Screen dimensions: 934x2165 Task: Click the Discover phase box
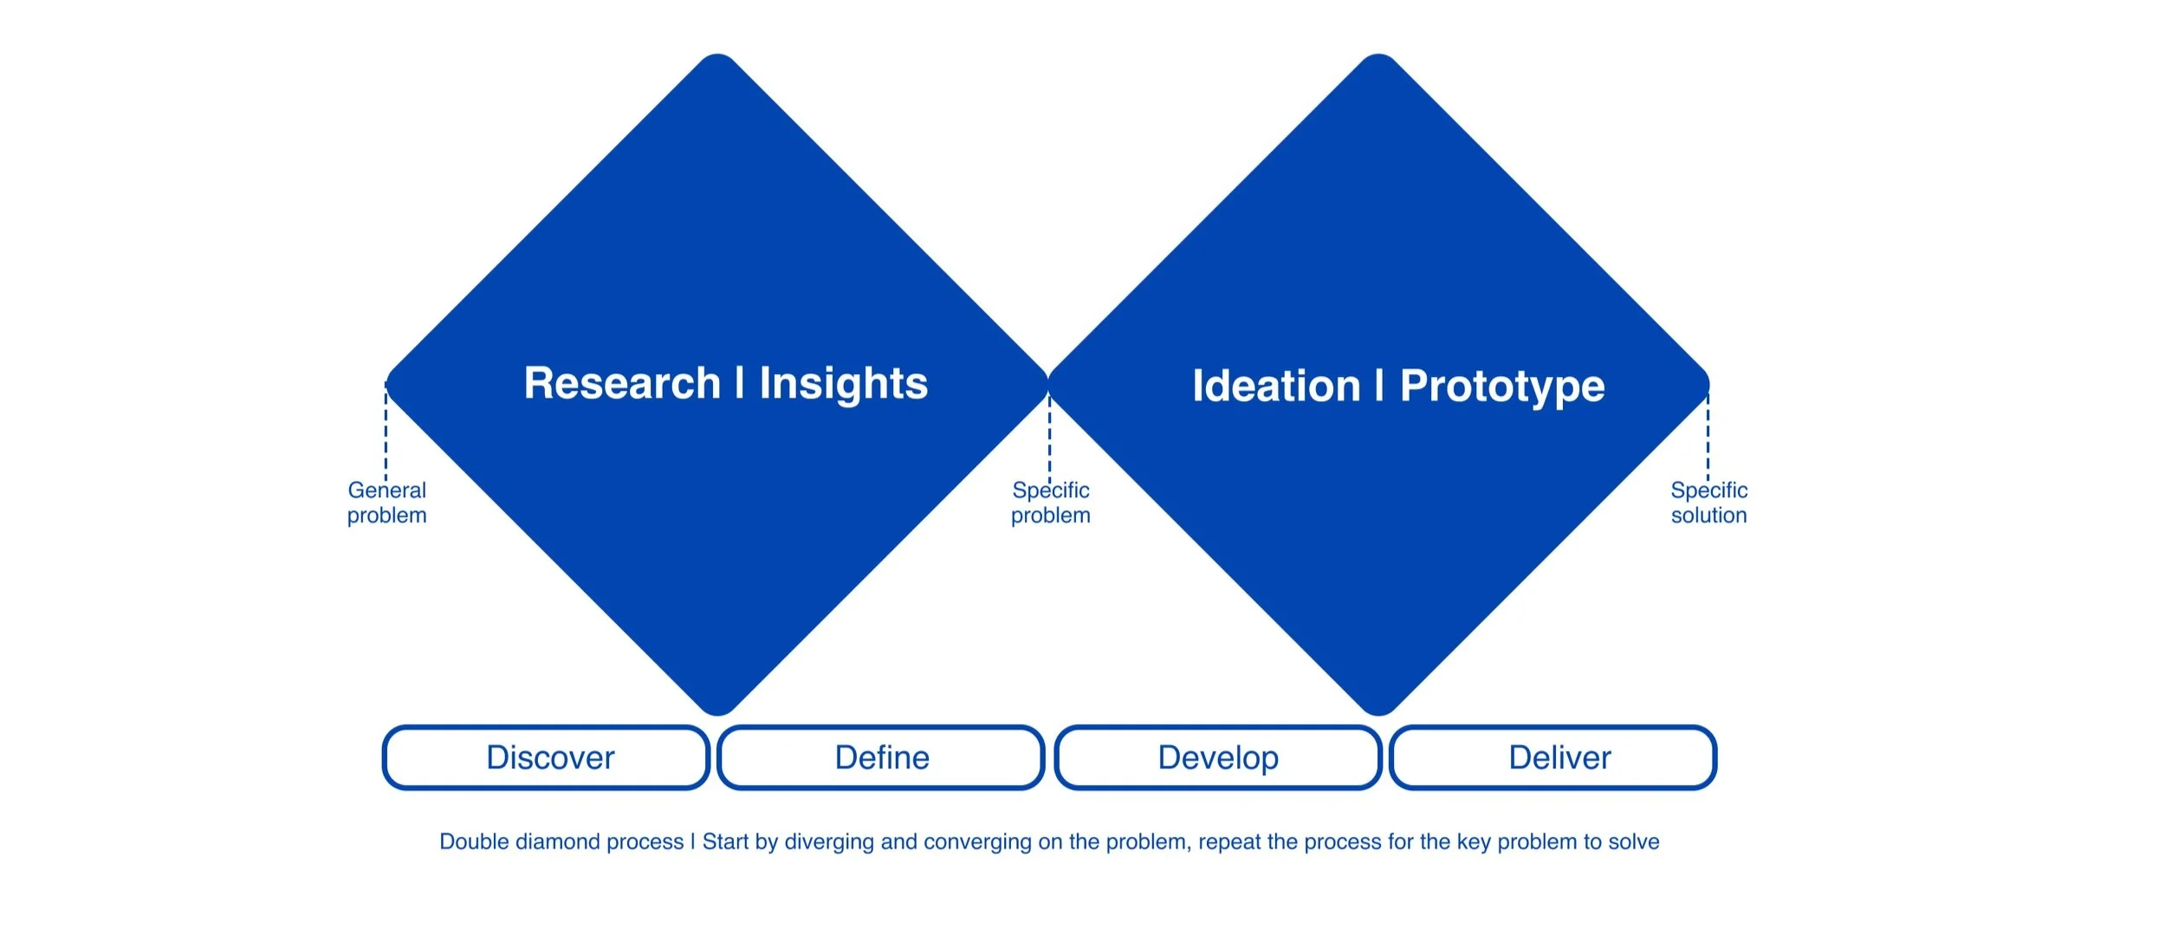(x=547, y=758)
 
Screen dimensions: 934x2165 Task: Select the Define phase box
(x=881, y=758)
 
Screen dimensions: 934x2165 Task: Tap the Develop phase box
(x=1217, y=758)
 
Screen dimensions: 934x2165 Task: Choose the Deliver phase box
(x=1553, y=758)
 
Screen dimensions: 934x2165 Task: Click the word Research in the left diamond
(x=622, y=383)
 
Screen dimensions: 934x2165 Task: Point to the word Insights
(x=843, y=384)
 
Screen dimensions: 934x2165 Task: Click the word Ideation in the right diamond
(x=1276, y=386)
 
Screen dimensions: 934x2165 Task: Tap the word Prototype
(x=1502, y=386)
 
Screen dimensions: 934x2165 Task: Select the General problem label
(x=386, y=503)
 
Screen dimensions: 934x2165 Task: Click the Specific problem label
(x=1050, y=503)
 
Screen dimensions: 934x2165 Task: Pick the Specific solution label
(x=1708, y=503)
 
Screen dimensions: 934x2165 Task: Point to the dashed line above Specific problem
(x=1049, y=438)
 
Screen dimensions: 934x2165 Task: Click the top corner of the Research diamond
(x=717, y=59)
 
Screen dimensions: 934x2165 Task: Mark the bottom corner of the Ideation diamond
(x=1377, y=710)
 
